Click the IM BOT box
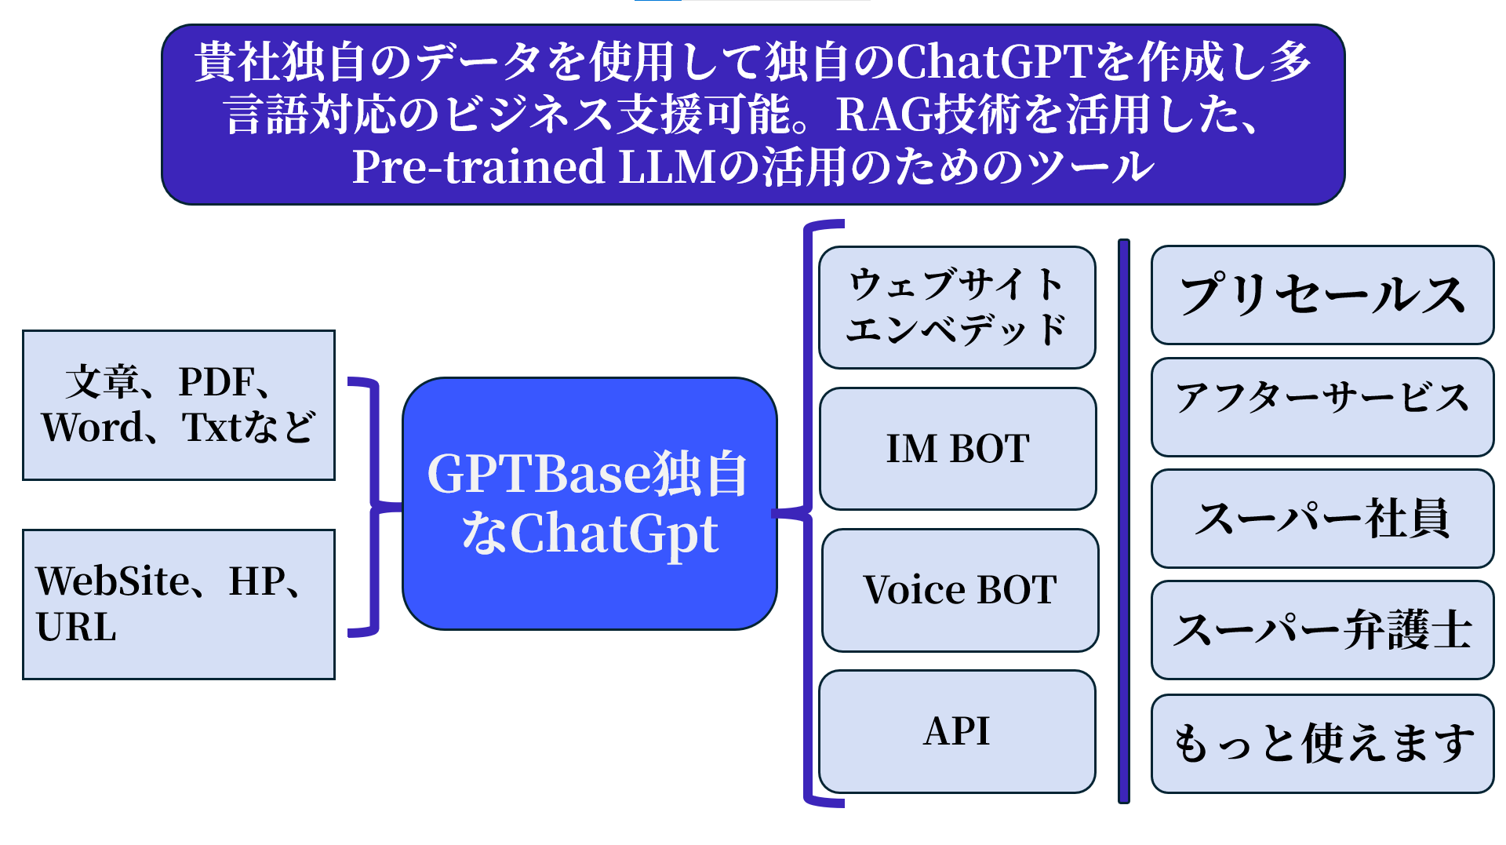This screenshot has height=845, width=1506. tap(958, 449)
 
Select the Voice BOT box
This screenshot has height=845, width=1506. tap(960, 590)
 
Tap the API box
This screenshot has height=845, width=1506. tap(957, 731)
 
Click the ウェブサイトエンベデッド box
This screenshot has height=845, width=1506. tap(957, 307)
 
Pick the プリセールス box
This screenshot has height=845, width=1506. tap(1322, 295)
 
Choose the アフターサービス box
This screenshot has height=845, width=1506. tap(1322, 406)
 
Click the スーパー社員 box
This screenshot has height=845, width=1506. tap(1322, 519)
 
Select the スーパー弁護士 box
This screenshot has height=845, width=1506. tap(1322, 630)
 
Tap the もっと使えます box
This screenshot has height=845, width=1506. tap(1322, 743)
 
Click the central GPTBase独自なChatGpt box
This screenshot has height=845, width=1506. tap(589, 504)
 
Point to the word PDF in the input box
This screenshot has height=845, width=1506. tap(216, 382)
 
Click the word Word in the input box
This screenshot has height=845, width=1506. tap(93, 428)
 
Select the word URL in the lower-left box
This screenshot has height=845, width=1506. tap(76, 627)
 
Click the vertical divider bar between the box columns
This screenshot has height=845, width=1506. tap(1123, 521)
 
